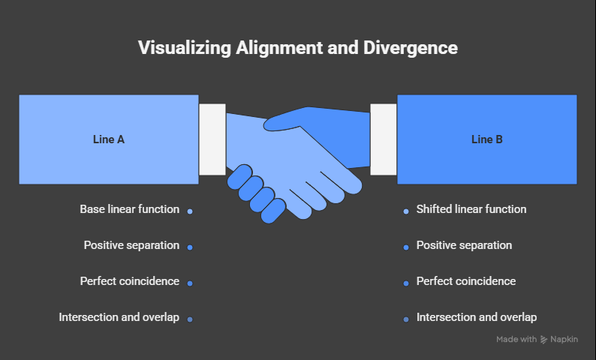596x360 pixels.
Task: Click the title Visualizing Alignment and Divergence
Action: pos(298,48)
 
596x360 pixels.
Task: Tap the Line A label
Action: pos(109,139)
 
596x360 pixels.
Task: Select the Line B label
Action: pos(487,139)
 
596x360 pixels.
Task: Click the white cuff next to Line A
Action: pos(212,139)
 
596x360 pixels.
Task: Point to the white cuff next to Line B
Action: pos(384,139)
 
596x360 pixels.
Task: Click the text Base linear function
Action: pos(129,209)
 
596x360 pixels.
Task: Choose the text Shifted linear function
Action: pos(471,209)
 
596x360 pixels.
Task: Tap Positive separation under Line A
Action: pos(131,245)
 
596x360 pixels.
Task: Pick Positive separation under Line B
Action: pos(464,245)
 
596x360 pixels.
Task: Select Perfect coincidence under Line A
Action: pos(129,281)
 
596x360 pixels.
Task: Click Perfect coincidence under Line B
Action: pos(466,281)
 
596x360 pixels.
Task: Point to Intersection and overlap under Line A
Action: pos(119,317)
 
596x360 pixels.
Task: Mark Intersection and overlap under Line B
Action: pos(477,317)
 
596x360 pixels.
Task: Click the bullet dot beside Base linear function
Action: pos(190,211)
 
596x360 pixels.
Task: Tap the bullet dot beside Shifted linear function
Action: pos(406,211)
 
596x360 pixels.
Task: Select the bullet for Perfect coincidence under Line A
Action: pos(190,283)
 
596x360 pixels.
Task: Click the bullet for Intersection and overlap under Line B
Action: pos(406,319)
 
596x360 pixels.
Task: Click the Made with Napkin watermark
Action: pos(537,340)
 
